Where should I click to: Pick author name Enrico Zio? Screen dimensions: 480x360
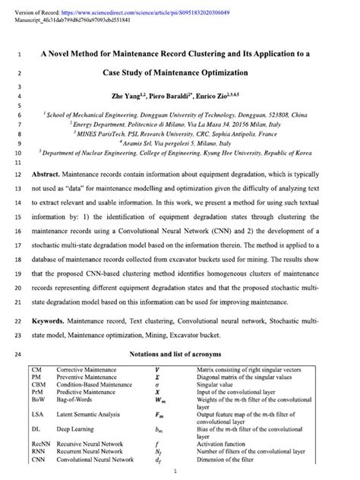click(x=221, y=98)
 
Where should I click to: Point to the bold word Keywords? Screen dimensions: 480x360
click(x=53, y=321)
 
